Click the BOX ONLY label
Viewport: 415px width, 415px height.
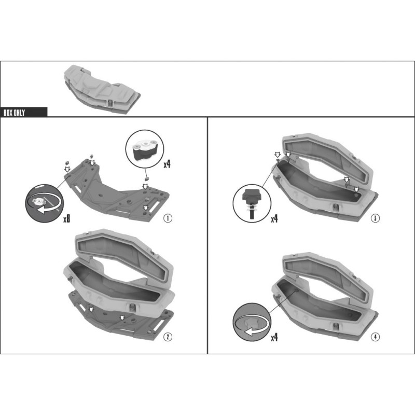coord(15,113)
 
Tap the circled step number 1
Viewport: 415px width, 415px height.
coord(168,218)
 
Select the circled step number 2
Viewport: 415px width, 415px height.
coord(168,337)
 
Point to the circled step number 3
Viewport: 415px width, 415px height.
coord(375,218)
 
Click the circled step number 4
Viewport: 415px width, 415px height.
coord(375,337)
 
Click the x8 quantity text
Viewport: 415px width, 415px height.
coord(67,218)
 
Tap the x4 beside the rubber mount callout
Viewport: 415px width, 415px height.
coord(167,164)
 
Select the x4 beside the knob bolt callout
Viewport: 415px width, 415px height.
coord(274,218)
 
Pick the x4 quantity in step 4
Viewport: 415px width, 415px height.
coord(274,337)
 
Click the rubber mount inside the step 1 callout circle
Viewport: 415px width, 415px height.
coord(145,150)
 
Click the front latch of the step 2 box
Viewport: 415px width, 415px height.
coord(132,307)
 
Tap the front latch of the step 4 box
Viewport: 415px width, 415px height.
coord(336,325)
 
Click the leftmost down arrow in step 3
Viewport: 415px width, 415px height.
coord(278,155)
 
